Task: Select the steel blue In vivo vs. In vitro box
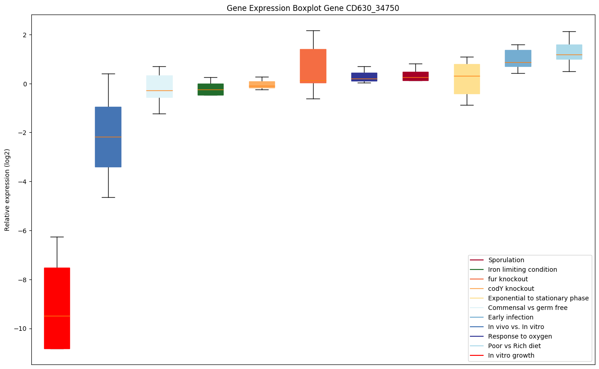click(x=108, y=137)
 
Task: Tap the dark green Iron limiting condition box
click(x=210, y=90)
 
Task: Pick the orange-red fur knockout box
click(x=313, y=66)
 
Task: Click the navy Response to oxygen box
click(x=364, y=77)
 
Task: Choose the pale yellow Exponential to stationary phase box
click(x=467, y=79)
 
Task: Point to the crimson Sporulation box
click(x=415, y=76)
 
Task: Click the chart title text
click(x=313, y=8)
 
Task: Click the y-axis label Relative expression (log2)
click(x=7, y=190)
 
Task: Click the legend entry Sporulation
click(x=506, y=260)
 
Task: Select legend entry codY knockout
click(x=511, y=289)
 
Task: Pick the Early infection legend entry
click(x=510, y=317)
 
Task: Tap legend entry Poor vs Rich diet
click(x=514, y=346)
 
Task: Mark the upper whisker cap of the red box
click(x=57, y=237)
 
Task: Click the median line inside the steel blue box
click(x=108, y=137)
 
